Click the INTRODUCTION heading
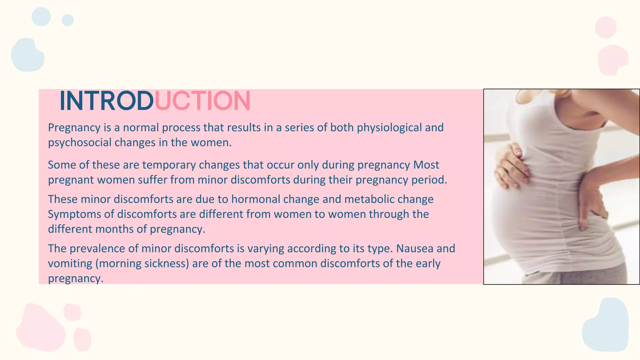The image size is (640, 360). click(155, 101)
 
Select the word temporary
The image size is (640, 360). click(169, 165)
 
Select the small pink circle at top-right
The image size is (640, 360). click(605, 27)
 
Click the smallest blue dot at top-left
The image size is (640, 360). click(67, 20)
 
